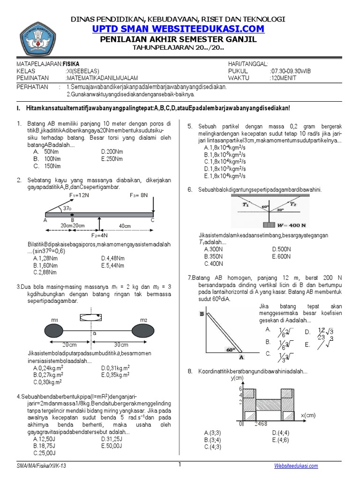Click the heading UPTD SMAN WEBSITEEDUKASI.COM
tap(178, 29)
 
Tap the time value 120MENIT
tap(285, 78)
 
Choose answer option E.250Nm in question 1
tap(112, 159)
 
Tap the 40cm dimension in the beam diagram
tap(125, 226)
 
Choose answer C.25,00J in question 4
tap(45, 453)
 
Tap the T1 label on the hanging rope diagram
tap(246, 205)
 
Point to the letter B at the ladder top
tap(202, 315)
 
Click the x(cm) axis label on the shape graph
tap(309, 414)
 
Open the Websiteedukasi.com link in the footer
tap(296, 465)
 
